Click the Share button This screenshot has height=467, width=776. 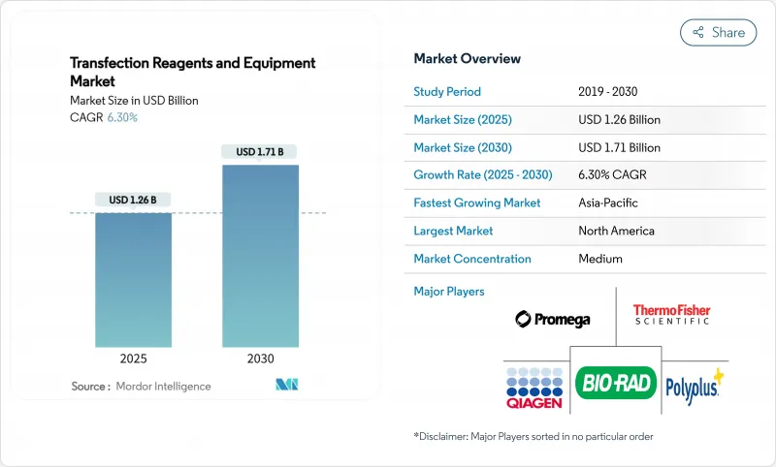[x=719, y=32]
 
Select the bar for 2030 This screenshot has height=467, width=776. [x=259, y=256]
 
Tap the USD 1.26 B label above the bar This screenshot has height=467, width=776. [x=133, y=201]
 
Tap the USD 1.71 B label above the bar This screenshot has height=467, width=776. [x=259, y=152]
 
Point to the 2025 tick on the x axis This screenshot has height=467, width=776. [x=133, y=358]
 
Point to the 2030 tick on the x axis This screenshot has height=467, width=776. [x=259, y=358]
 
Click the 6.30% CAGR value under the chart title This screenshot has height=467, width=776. [x=121, y=117]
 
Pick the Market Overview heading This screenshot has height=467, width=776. [x=467, y=59]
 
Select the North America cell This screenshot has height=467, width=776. [x=616, y=232]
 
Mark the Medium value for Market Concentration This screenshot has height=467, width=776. [x=600, y=260]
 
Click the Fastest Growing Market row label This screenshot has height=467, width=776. [x=477, y=203]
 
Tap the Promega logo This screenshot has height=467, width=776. [x=552, y=319]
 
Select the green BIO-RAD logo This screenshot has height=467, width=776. [x=616, y=382]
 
